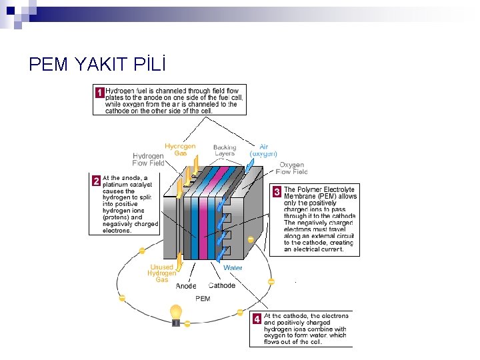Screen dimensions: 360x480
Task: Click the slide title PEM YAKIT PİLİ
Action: coord(97,64)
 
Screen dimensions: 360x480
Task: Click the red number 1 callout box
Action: coord(99,92)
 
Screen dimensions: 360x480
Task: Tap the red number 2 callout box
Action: coord(96,181)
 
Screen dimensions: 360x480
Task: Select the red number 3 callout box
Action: coord(277,191)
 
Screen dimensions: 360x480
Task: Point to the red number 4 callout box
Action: coord(257,319)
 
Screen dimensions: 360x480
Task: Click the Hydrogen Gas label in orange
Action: coord(180,149)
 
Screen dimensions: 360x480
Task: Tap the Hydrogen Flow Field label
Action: coord(148,159)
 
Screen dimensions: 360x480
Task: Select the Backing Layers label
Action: coord(225,150)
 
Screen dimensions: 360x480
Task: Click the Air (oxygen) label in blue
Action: coord(263,150)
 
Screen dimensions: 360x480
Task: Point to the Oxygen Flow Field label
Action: coord(291,168)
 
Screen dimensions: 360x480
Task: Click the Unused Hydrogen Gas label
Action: coord(162,273)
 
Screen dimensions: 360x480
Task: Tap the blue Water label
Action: coord(233,268)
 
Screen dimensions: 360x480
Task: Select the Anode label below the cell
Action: coord(186,286)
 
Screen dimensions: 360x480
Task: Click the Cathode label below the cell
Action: coord(222,285)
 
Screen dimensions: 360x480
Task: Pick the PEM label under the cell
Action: coord(203,299)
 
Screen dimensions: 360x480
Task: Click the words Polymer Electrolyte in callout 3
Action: coord(329,189)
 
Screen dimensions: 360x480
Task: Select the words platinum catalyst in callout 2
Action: coord(127,184)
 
